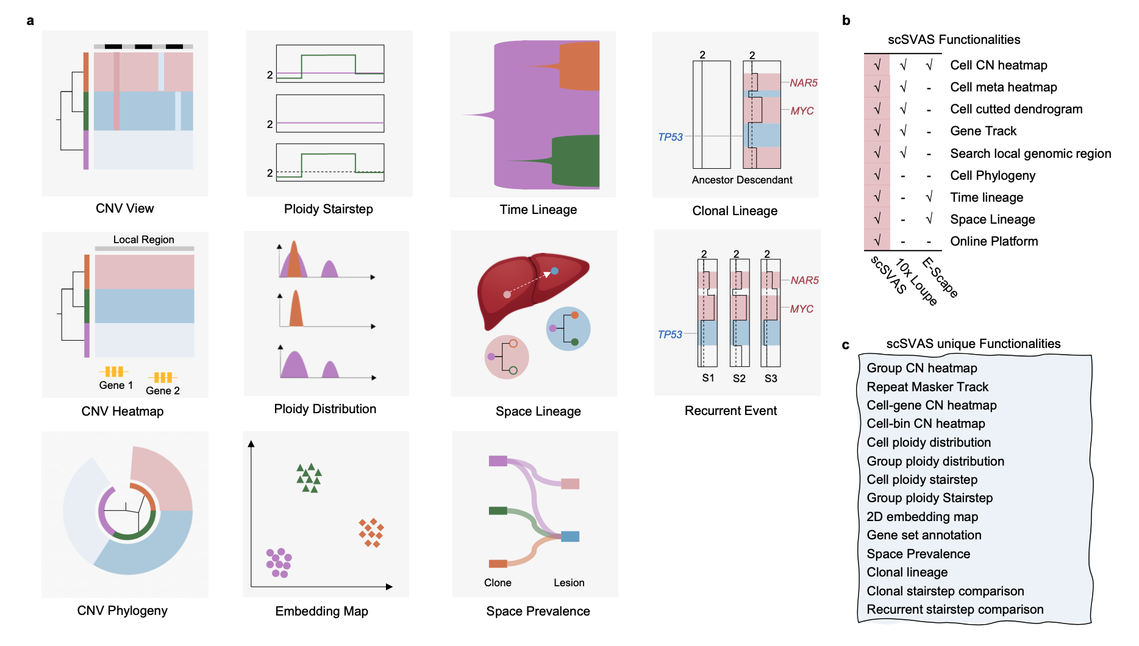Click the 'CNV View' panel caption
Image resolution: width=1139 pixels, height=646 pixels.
coord(124,208)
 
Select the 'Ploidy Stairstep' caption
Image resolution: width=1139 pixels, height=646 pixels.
coord(328,209)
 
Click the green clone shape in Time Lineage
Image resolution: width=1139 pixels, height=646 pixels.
coord(576,161)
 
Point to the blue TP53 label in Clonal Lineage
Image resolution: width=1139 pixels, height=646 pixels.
coord(670,137)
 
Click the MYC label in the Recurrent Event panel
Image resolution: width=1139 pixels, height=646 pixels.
coord(801,309)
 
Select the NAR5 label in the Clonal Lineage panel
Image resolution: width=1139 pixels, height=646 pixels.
coord(803,83)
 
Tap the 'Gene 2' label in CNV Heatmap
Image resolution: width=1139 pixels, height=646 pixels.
coord(163,391)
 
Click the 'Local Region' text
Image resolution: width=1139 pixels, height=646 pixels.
coord(143,240)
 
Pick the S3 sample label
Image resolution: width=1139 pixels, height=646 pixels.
coord(771,378)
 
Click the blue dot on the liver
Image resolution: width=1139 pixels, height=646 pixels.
coord(554,271)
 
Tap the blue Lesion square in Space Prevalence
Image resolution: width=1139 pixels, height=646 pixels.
coord(570,536)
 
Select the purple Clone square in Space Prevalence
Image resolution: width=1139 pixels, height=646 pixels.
coord(498,461)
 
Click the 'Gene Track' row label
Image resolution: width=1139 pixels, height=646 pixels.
coord(983,131)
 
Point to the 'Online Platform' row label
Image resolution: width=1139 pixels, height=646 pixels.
coord(994,241)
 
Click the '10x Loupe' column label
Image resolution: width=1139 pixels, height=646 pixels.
coord(916,282)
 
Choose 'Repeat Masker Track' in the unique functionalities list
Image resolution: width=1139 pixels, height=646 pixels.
coord(927,387)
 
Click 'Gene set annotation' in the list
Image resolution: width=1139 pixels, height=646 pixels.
coord(924,535)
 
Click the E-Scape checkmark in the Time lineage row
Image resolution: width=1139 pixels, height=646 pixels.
coord(929,197)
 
